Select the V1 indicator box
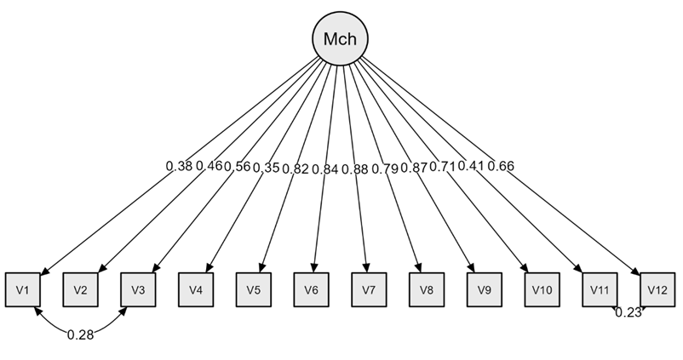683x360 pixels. coord(22,289)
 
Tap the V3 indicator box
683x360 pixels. coord(138,289)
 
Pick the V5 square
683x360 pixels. coord(254,289)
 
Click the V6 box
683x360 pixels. coord(311,289)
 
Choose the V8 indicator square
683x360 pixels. coord(427,289)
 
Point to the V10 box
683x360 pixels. coord(542,289)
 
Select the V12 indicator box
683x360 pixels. coord(657,289)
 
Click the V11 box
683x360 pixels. coord(600,289)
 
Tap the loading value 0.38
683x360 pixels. coord(179,166)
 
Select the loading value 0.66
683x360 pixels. coord(500,166)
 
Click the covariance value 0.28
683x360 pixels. coord(80,334)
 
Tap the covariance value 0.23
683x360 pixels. coord(628,312)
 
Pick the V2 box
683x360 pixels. coord(80,289)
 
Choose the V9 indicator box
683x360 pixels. coord(485,289)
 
